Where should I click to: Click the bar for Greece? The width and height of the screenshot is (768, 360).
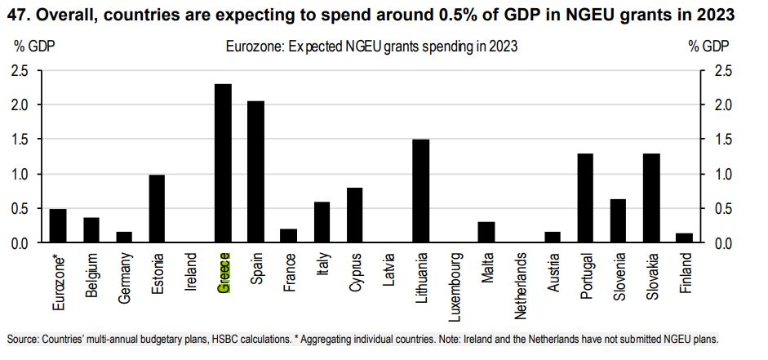tap(223, 163)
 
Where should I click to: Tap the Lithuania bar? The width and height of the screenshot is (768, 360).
tap(421, 191)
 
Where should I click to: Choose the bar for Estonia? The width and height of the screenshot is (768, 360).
tap(157, 209)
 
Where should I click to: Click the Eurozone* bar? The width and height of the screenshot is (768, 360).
tap(58, 226)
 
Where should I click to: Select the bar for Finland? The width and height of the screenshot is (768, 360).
tap(684, 238)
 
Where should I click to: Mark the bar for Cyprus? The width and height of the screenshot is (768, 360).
tap(355, 216)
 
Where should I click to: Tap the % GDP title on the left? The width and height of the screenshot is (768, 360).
tap(32, 47)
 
